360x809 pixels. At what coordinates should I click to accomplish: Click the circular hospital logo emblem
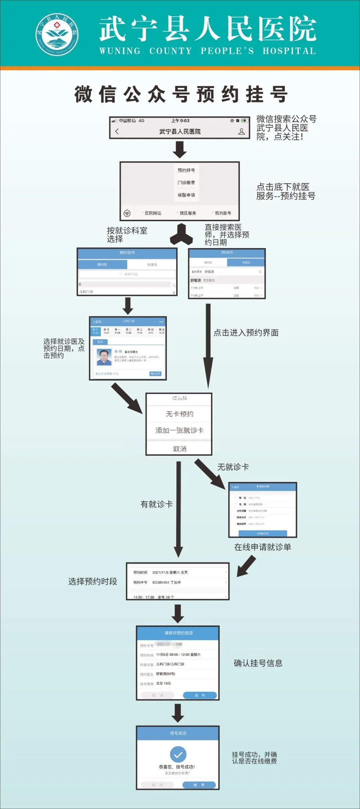57,34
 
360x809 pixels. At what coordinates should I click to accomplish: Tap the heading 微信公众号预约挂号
181,94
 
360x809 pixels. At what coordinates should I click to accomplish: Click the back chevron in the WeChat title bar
117,131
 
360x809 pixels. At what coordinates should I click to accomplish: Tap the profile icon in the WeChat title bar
242,132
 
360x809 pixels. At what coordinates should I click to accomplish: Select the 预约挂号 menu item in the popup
186,170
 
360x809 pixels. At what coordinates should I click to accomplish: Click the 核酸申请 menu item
186,195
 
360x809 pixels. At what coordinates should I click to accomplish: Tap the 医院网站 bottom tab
152,213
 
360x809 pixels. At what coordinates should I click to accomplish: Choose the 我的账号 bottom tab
222,213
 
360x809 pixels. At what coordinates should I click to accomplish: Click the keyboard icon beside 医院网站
127,213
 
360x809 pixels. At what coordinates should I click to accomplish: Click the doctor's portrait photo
104,357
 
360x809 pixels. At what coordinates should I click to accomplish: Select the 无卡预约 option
179,414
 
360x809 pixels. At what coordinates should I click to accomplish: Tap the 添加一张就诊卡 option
179,430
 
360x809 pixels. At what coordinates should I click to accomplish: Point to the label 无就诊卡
233,467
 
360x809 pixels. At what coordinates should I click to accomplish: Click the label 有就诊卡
156,504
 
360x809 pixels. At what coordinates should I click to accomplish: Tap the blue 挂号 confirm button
200,695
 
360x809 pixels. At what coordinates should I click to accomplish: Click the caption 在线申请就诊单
262,547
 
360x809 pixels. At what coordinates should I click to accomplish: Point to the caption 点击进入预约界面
246,333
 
